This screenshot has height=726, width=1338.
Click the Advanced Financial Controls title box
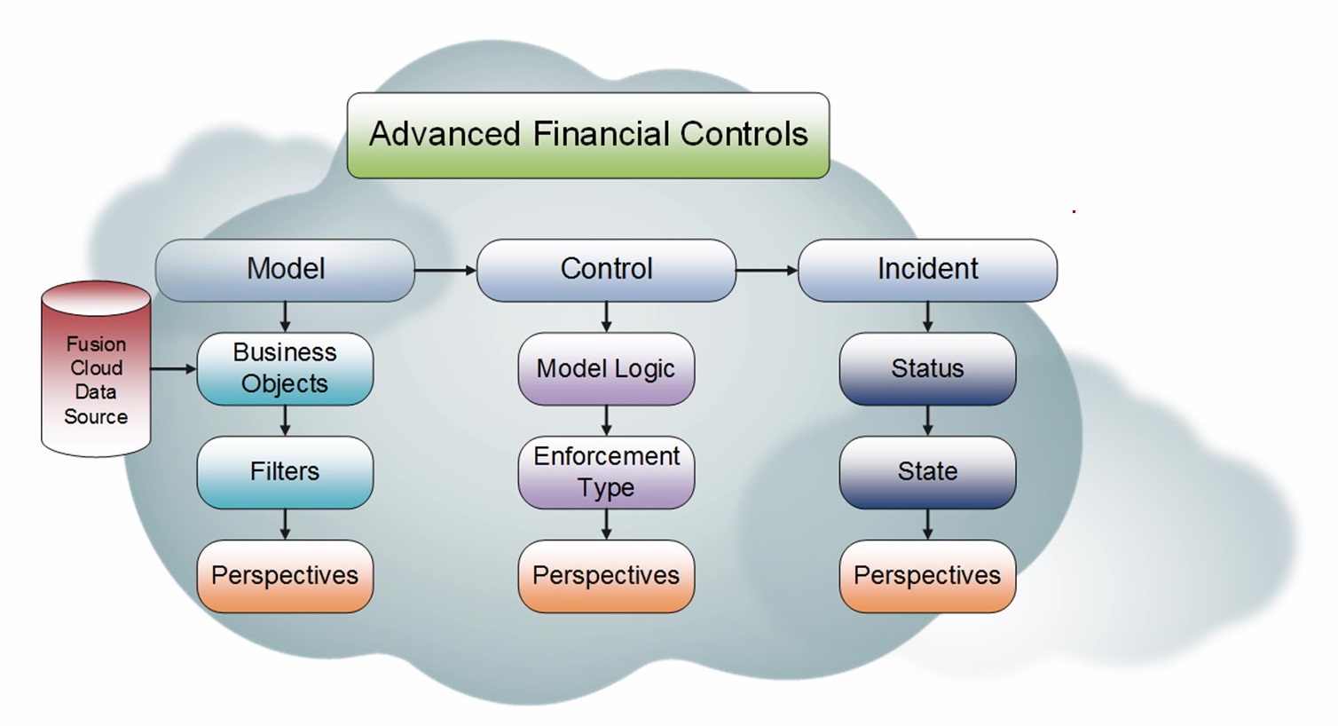pyautogui.click(x=587, y=136)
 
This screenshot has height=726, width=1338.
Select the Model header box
pyautogui.click(x=285, y=270)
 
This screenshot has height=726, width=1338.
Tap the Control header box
pyautogui.click(x=606, y=270)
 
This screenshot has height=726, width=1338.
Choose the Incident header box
pyautogui.click(x=927, y=270)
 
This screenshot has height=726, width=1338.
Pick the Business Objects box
pyautogui.click(x=285, y=368)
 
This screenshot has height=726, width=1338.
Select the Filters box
pyautogui.click(x=285, y=472)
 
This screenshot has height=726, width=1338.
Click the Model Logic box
pyautogui.click(x=606, y=368)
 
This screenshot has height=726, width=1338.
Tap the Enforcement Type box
pyautogui.click(x=606, y=472)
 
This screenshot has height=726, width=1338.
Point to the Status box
pyautogui.click(x=927, y=368)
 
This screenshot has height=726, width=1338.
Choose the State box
pyautogui.click(x=927, y=472)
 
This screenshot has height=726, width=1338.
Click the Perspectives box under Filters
pyautogui.click(x=285, y=576)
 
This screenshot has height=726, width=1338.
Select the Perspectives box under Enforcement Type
pyautogui.click(x=606, y=576)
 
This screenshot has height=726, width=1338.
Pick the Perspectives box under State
pyautogui.click(x=927, y=576)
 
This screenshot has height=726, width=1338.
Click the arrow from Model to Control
pyautogui.click(x=445, y=270)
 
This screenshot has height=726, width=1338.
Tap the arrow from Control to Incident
pyautogui.click(x=767, y=270)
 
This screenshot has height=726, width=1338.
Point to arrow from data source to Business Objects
pyautogui.click(x=173, y=367)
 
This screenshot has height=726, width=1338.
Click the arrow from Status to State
pyautogui.click(x=927, y=421)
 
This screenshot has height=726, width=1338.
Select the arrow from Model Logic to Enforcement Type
pyautogui.click(x=606, y=421)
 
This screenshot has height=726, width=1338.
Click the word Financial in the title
pyautogui.click(x=601, y=134)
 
